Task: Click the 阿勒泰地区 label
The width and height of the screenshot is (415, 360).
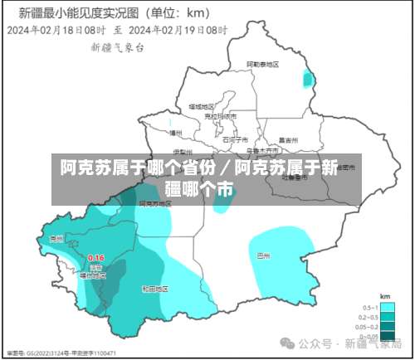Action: pos(262,65)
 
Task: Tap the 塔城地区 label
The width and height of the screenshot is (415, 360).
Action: pos(202,106)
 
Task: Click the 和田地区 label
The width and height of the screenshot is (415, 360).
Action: pos(155,289)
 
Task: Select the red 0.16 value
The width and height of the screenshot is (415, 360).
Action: pos(95,258)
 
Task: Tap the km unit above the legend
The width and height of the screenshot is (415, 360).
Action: pos(384,296)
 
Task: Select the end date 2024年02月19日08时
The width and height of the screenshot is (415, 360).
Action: pos(178,28)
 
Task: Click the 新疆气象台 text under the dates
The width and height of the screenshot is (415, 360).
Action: pos(117,47)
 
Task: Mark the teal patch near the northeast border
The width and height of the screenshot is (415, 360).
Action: pos(309,79)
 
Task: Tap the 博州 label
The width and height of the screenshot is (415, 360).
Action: pos(175,132)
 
